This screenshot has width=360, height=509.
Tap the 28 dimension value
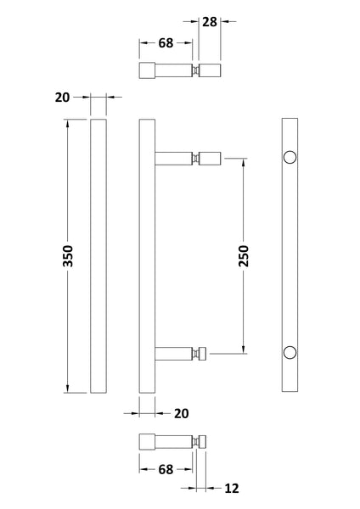coord(210,20)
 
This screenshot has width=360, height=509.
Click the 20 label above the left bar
coord(61,98)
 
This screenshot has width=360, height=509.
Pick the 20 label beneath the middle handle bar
coord(181,413)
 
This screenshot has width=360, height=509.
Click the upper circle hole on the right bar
coord(290,157)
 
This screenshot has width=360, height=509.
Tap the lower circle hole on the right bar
coord(290,351)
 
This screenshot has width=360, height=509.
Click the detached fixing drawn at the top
coord(179,70)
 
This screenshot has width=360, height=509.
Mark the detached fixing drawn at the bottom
coord(174,441)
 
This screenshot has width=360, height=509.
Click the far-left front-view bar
coord(98,255)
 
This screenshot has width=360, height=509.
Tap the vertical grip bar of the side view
coord(146,255)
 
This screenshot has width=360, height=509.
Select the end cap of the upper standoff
coord(212,157)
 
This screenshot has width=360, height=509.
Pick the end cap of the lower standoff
coord(203,351)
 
